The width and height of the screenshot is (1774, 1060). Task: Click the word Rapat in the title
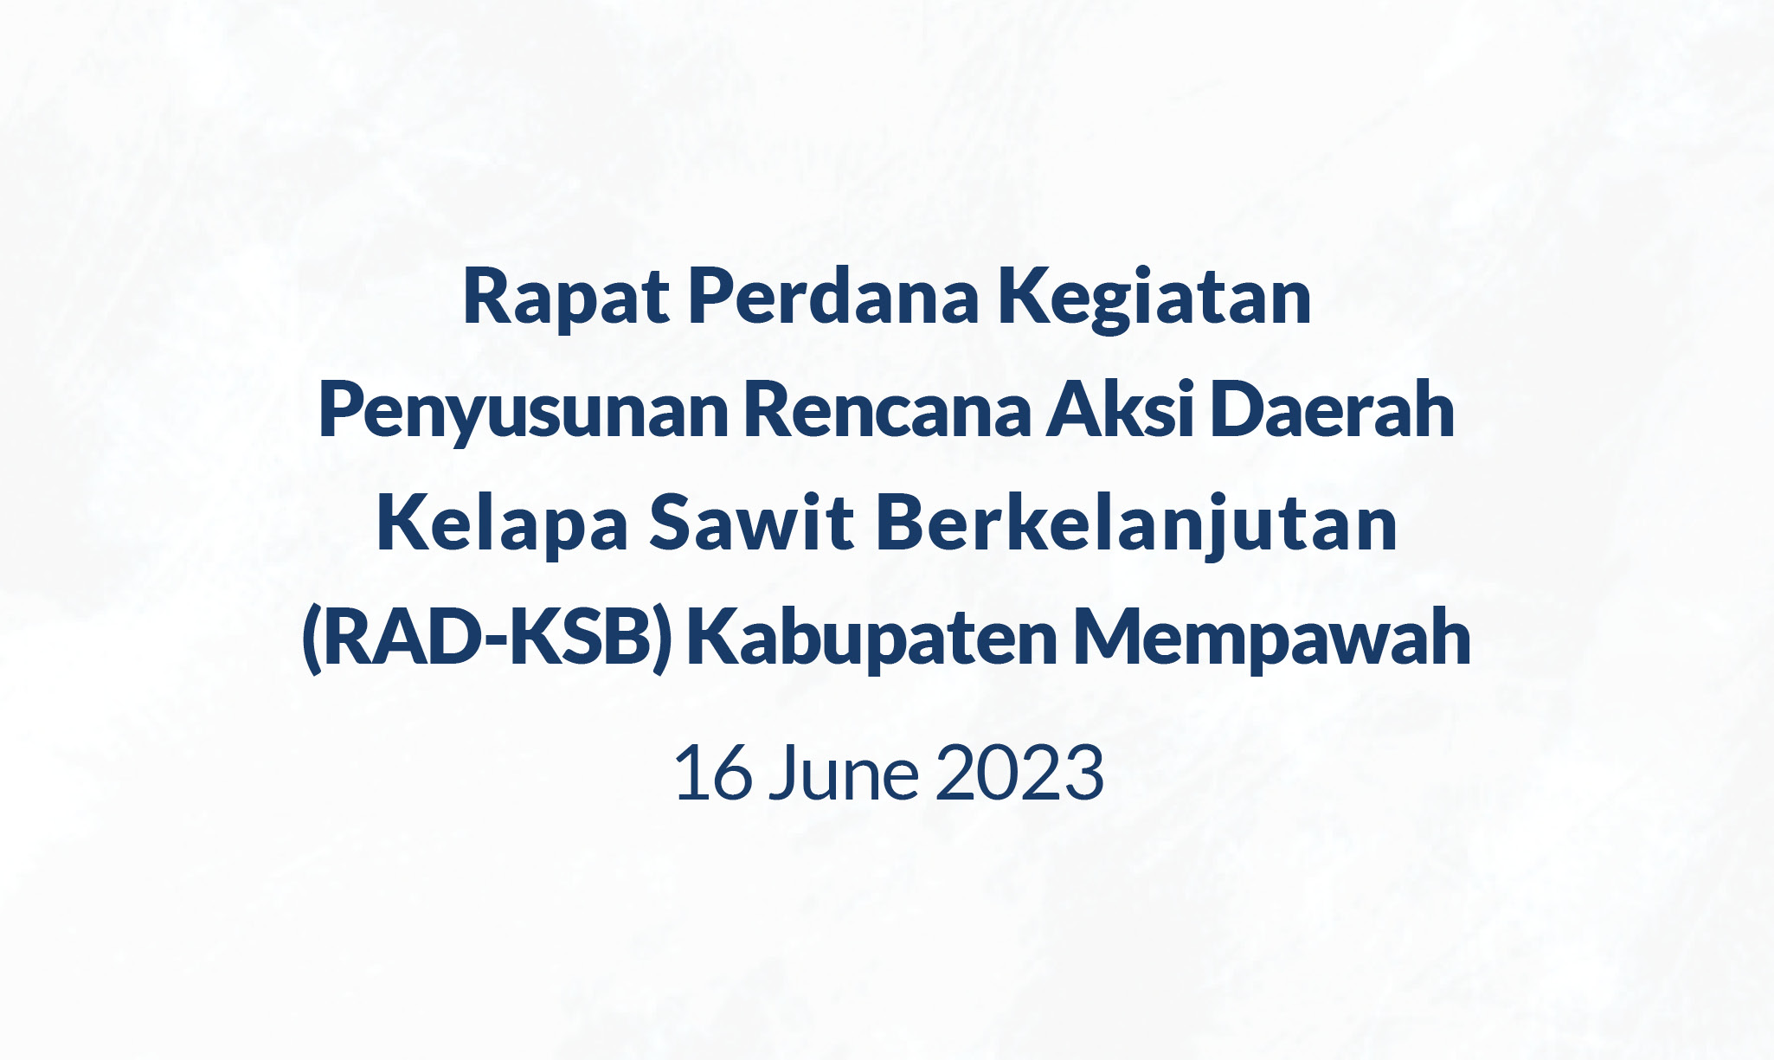tap(567, 299)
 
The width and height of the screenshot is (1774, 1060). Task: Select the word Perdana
tap(833, 299)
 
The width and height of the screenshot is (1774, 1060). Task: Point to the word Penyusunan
tap(524, 413)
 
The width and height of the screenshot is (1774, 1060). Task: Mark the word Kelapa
tap(502, 525)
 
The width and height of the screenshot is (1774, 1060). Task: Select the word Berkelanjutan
tap(1137, 525)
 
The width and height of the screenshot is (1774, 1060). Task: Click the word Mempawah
tap(1271, 640)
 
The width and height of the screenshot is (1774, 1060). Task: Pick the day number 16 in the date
tap(712, 774)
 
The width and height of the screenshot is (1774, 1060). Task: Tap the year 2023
tap(1019, 774)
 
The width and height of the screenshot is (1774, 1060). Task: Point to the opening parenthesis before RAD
tap(312, 640)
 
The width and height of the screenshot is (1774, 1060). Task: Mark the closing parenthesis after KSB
tap(663, 640)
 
